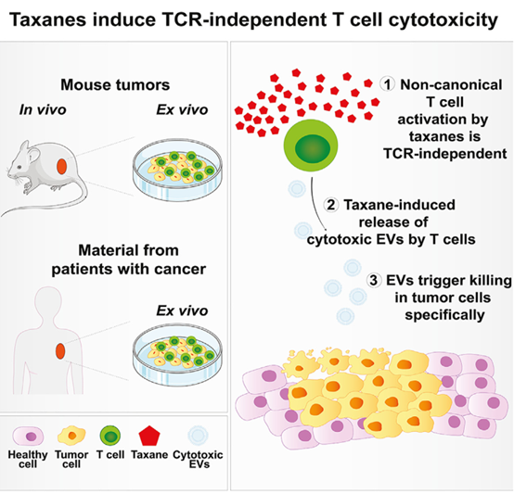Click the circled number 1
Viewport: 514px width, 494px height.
pyautogui.click(x=388, y=84)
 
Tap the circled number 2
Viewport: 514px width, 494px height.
pyautogui.click(x=331, y=205)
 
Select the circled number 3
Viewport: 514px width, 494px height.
pyautogui.click(x=374, y=280)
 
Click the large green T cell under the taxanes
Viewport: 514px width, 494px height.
pyautogui.click(x=311, y=146)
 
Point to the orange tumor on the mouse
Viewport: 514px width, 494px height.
pyautogui.click(x=61, y=166)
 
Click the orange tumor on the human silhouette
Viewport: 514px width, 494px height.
pyautogui.click(x=60, y=350)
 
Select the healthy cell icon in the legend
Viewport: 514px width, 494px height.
pyautogui.click(x=28, y=436)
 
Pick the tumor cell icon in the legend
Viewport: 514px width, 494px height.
pyautogui.click(x=71, y=436)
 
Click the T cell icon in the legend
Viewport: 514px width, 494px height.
pyautogui.click(x=110, y=436)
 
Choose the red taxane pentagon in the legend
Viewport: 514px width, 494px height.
pyautogui.click(x=149, y=436)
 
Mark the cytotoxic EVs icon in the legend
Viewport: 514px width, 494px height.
pyautogui.click(x=198, y=436)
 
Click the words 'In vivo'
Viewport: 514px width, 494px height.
pyautogui.click(x=43, y=109)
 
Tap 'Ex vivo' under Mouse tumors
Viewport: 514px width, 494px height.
pyautogui.click(x=182, y=109)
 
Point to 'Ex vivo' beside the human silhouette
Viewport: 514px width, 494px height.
pyautogui.click(x=182, y=310)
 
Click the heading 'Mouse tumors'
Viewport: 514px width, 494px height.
pyautogui.click(x=115, y=84)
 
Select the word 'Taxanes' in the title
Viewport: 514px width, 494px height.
pyautogui.click(x=48, y=19)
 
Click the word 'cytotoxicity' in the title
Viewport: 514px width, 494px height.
pyautogui.click(x=443, y=20)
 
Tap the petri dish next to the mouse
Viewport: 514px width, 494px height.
pyautogui.click(x=177, y=170)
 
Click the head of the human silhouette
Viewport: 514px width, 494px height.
pyautogui.click(x=48, y=300)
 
